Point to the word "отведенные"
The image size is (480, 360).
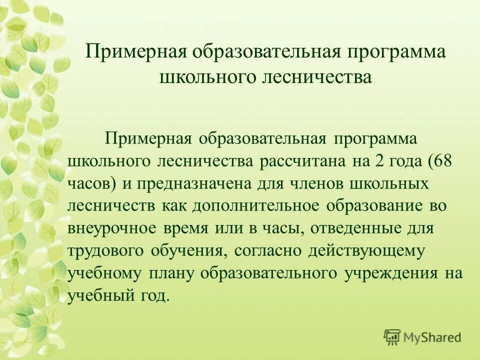click(356, 228)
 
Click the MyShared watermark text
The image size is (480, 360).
click(432, 337)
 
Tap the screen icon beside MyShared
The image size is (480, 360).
click(392, 337)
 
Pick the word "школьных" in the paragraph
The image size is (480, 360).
click(395, 183)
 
